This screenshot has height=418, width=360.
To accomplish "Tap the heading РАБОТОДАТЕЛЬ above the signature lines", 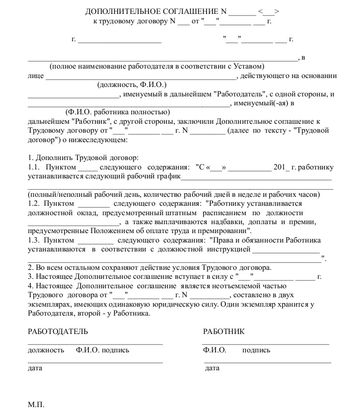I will click(58, 332).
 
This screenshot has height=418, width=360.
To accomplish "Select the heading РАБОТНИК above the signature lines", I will click(223, 332).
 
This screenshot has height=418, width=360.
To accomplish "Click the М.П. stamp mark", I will click(36, 405).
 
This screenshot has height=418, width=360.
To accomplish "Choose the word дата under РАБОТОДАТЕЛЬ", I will click(35, 368).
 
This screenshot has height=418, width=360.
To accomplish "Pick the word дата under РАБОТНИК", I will click(212, 368).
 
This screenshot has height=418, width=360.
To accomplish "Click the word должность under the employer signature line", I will click(46, 350).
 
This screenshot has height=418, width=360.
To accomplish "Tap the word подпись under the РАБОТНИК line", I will click(256, 350).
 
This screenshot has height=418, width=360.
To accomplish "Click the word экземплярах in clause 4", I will click(46, 305).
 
